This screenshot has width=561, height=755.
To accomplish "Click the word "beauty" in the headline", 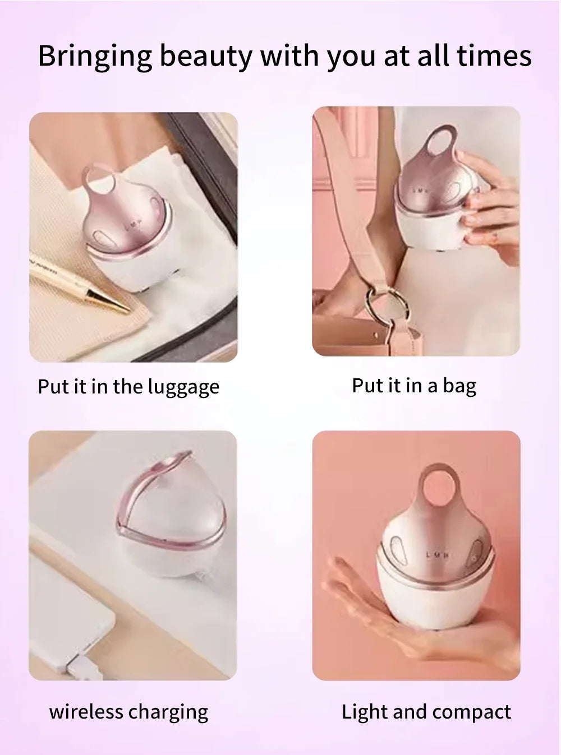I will [205, 57].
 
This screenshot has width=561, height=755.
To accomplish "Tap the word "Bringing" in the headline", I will [95, 57].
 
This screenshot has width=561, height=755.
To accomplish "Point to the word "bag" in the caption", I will [459, 386].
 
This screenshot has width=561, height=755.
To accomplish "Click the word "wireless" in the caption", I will [86, 712].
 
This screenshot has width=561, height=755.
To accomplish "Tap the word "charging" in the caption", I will [168, 712].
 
